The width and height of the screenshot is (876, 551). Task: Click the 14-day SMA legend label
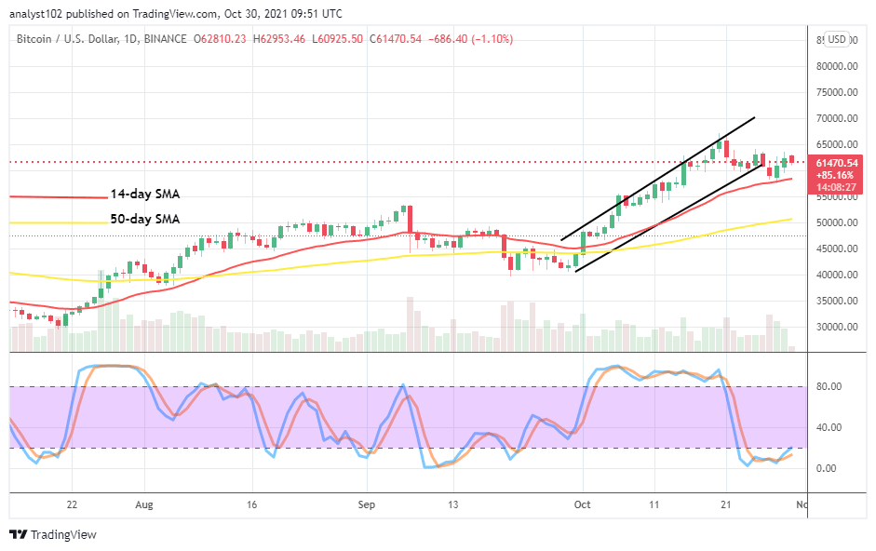coord(144,195)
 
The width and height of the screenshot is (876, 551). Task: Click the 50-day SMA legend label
coord(144,220)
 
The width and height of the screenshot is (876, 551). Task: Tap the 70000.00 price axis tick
coord(835,119)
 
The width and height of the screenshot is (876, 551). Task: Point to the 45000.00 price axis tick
coord(835,249)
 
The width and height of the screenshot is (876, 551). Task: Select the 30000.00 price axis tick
coord(835,328)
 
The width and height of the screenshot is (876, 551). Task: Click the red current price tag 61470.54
coord(835,162)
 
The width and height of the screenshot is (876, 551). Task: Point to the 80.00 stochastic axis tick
coord(829,387)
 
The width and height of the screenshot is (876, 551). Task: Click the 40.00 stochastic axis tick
coord(829,428)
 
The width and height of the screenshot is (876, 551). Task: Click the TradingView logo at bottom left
coord(53,535)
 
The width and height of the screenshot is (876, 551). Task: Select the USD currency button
coord(837,39)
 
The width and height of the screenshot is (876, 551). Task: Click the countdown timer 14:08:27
coord(835,186)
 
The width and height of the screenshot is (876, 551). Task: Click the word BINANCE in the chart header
coord(164,39)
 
